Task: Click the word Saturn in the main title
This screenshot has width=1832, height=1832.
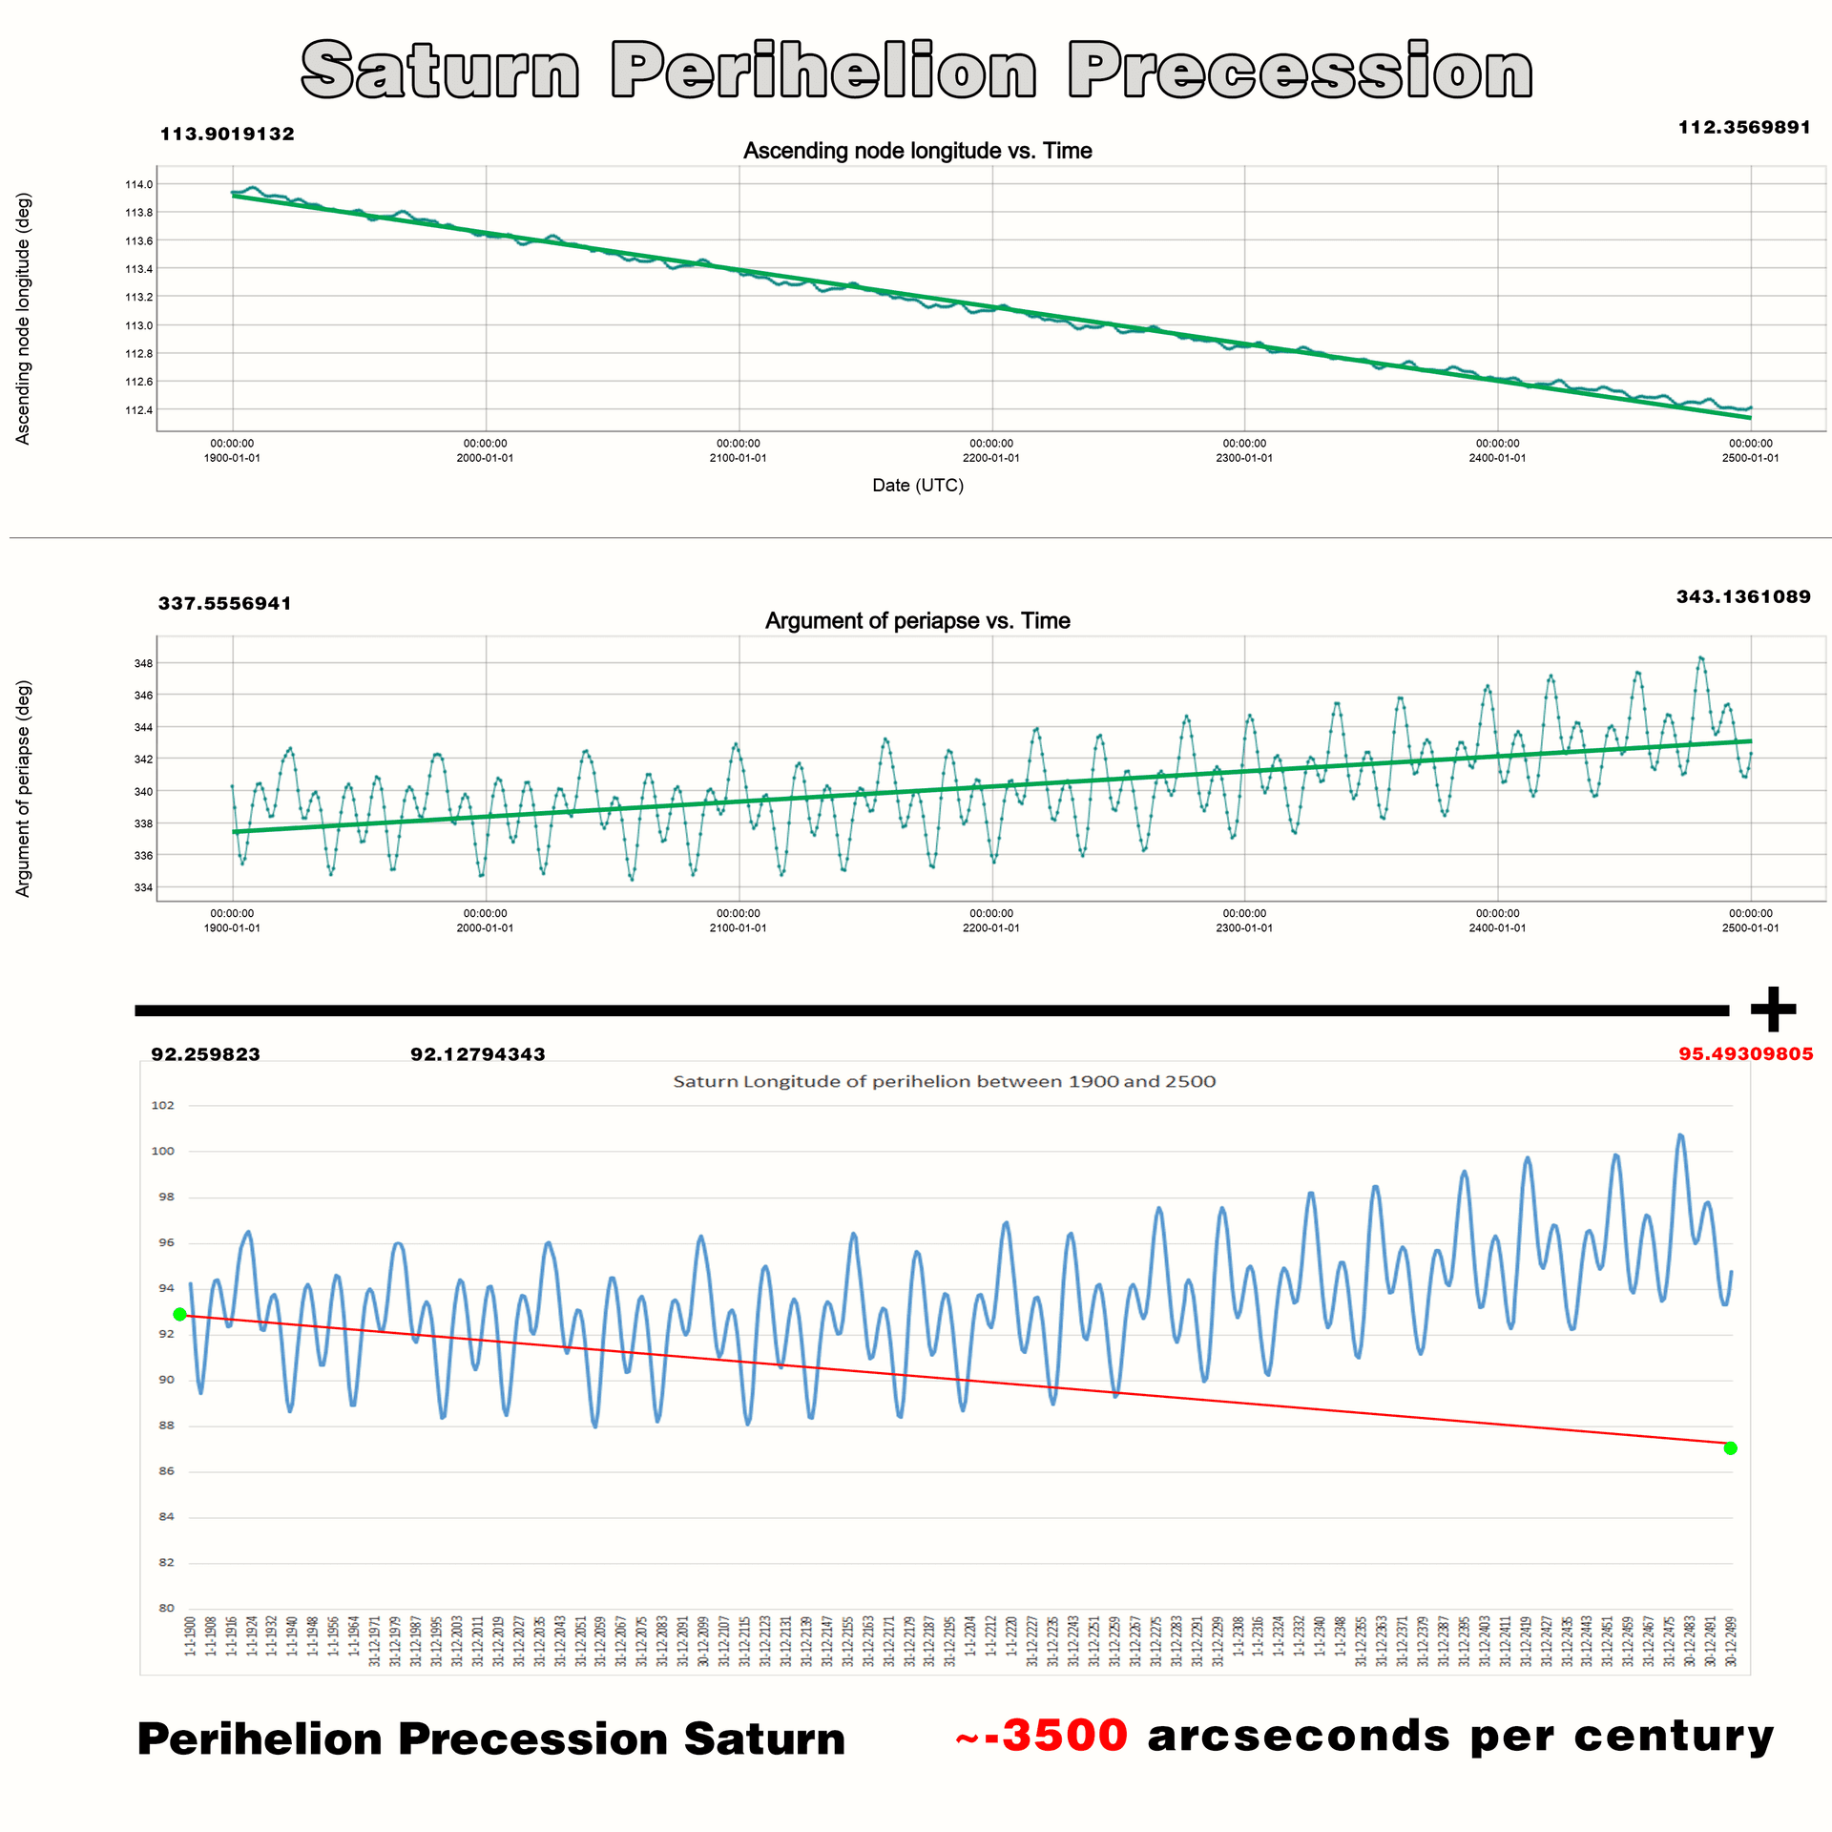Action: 440,71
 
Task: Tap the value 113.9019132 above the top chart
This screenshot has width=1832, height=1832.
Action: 227,134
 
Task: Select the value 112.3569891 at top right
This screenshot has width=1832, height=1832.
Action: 1744,127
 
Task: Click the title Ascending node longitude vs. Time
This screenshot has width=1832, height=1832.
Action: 917,151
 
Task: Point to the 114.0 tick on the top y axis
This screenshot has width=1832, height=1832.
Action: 138,184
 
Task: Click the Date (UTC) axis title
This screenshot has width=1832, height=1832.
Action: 918,485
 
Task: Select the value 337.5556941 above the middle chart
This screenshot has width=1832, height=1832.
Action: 225,603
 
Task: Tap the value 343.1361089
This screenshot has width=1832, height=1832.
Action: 1743,596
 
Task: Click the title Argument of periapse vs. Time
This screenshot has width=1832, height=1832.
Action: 917,621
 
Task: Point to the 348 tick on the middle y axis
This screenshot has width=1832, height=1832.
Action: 143,663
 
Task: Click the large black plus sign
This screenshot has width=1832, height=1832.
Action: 1773,1010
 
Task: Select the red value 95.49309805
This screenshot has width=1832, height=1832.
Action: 1745,1053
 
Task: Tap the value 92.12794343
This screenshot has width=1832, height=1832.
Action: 477,1054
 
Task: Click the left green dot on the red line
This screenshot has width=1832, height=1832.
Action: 179,1315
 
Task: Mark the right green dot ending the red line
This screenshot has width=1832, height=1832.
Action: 1731,1448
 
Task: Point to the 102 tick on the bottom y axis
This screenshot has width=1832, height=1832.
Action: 163,1105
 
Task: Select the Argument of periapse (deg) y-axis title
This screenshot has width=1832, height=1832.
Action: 23,788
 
